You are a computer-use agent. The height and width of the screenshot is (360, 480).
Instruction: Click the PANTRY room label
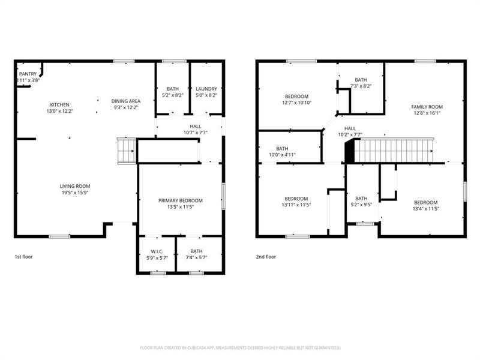click(x=28, y=74)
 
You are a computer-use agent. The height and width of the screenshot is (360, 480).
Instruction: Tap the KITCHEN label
click(x=60, y=104)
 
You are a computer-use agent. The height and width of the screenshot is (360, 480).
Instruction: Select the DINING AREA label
click(x=125, y=101)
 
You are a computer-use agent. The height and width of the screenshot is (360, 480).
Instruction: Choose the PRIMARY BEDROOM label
click(x=180, y=200)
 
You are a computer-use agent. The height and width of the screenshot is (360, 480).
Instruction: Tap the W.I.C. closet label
click(x=157, y=251)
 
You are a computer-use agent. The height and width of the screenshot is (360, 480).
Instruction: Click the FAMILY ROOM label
click(x=426, y=107)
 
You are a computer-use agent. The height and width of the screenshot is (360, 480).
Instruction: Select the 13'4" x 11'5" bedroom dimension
click(x=425, y=209)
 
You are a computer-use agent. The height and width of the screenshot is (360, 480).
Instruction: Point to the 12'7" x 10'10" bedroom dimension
click(x=296, y=103)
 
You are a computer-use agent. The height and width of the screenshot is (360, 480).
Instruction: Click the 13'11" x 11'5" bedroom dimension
click(x=296, y=205)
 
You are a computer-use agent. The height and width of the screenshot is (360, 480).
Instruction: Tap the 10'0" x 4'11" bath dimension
click(x=282, y=155)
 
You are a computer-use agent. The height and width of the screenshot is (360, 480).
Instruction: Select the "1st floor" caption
click(x=24, y=256)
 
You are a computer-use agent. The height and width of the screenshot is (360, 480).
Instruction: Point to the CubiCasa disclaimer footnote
click(x=240, y=347)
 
